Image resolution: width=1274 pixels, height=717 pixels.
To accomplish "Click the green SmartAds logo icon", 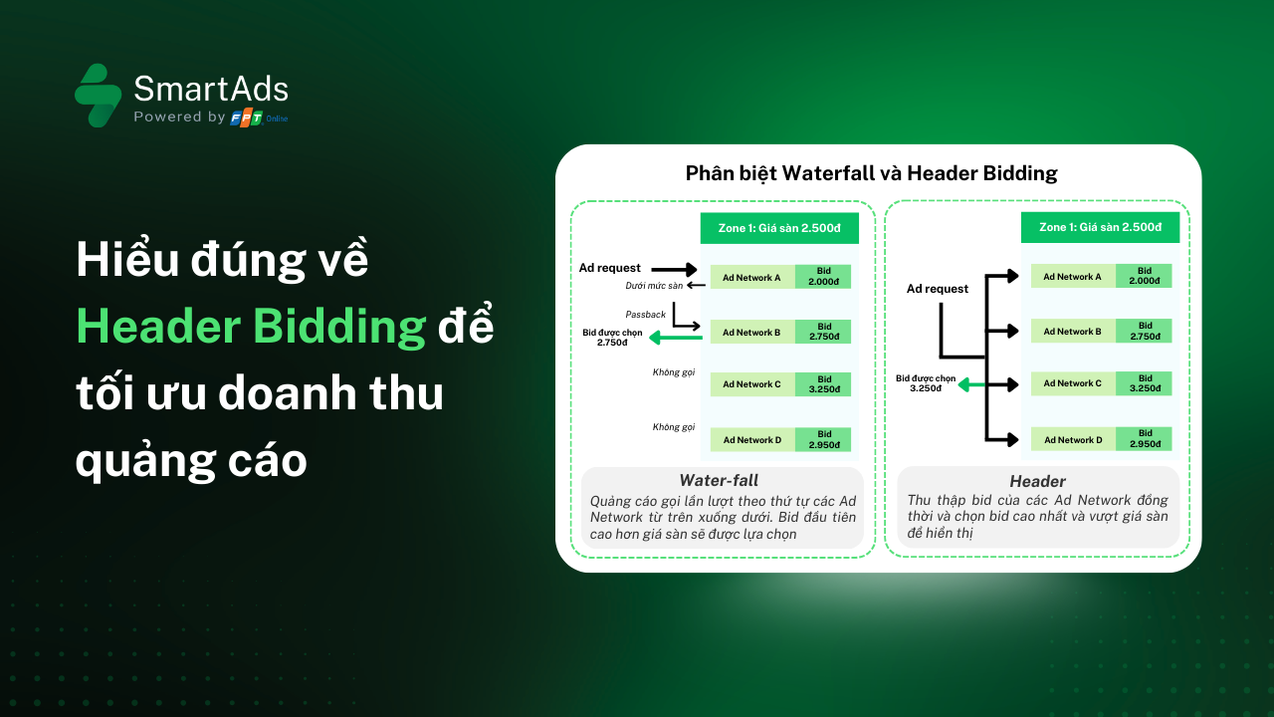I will click(x=98, y=96).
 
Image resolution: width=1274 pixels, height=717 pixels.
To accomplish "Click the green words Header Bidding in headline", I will click(x=251, y=327).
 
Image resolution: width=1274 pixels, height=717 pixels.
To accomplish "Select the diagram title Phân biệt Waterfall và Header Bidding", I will click(x=871, y=173).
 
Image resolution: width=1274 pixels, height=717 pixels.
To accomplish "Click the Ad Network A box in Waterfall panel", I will click(x=751, y=277).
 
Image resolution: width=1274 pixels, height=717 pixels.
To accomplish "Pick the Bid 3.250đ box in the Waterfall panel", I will click(x=824, y=383).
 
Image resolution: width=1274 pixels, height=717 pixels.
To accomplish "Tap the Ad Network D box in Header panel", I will click(x=1073, y=439).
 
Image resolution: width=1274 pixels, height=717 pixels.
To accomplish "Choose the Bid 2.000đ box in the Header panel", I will click(x=1145, y=276).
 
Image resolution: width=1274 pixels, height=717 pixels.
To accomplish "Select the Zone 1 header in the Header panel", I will click(x=1100, y=227).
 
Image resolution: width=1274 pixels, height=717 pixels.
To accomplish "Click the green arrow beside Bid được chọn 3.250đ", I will click(x=971, y=383).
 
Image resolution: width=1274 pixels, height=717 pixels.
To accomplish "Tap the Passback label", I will click(x=645, y=315).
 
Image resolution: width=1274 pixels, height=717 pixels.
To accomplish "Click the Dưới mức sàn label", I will click(x=654, y=286).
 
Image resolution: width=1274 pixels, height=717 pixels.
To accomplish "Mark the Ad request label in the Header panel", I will click(x=937, y=289).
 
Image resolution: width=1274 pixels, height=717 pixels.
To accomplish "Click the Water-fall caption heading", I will click(x=719, y=480).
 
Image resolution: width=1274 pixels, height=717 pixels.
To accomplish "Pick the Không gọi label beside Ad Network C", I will click(x=673, y=372).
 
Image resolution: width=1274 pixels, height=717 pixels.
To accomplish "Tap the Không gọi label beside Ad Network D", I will click(x=673, y=427).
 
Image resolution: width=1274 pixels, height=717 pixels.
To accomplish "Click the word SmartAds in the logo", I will click(x=211, y=90).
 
